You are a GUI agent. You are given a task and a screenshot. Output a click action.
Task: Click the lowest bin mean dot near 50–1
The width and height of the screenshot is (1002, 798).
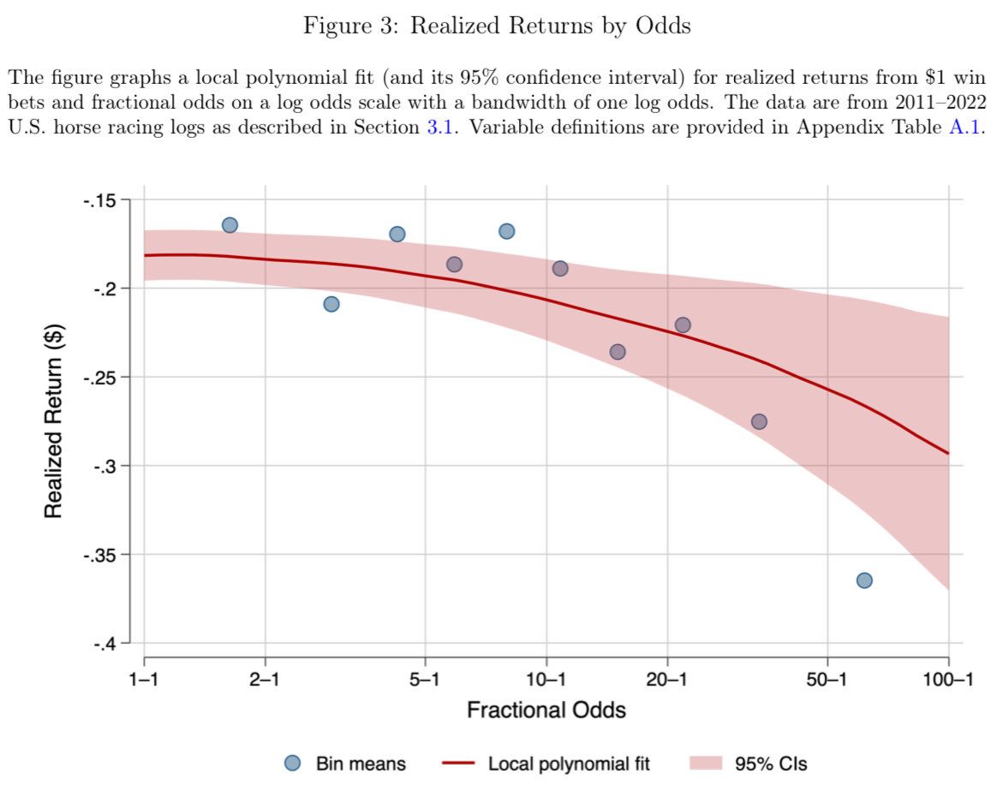(x=864, y=581)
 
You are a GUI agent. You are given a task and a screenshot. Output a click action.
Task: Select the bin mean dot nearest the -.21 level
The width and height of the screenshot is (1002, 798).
(x=331, y=304)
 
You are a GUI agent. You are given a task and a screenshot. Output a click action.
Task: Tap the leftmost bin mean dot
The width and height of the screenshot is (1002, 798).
(x=230, y=225)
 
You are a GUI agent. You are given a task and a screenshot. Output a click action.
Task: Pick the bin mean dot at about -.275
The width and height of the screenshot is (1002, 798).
(x=759, y=421)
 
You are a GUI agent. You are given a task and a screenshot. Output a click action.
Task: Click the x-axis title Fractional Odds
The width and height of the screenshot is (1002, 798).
(x=546, y=710)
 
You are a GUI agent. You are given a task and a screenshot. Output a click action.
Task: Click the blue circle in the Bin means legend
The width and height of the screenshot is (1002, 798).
(x=293, y=763)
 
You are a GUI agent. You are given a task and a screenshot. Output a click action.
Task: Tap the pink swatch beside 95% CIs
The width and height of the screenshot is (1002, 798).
(x=704, y=763)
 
